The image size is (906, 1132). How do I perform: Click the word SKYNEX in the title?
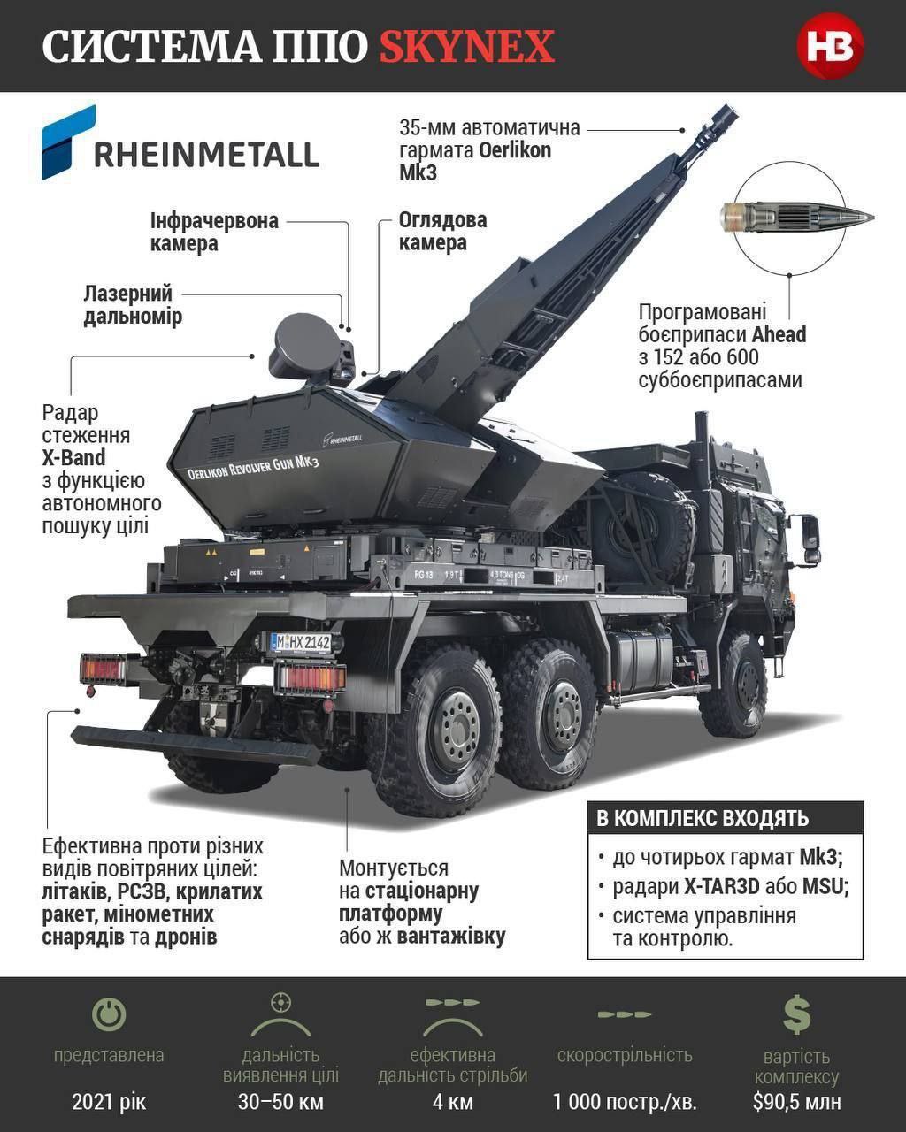click(466, 46)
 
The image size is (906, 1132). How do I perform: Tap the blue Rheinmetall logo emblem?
click(67, 141)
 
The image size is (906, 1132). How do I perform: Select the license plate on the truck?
click(300, 642)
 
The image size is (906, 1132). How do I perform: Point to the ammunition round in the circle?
click(797, 215)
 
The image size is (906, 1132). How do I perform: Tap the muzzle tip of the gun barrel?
click(726, 115)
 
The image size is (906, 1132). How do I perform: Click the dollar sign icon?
click(796, 1014)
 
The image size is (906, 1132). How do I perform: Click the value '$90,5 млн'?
click(796, 1102)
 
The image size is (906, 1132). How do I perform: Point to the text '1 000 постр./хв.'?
click(625, 1102)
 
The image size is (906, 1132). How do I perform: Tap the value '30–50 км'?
click(280, 1102)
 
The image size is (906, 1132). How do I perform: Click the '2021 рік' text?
click(109, 1102)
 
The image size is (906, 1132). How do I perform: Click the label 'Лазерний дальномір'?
click(133, 305)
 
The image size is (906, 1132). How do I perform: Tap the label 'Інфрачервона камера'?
click(214, 232)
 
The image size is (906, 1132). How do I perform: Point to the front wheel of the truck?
click(733, 685)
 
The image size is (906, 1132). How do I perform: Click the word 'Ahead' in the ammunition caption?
click(779, 335)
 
